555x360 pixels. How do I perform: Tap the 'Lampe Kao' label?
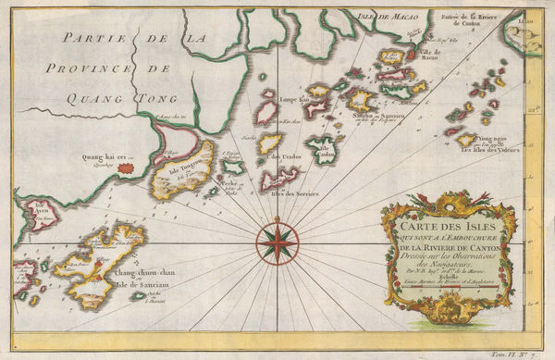(293, 98)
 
